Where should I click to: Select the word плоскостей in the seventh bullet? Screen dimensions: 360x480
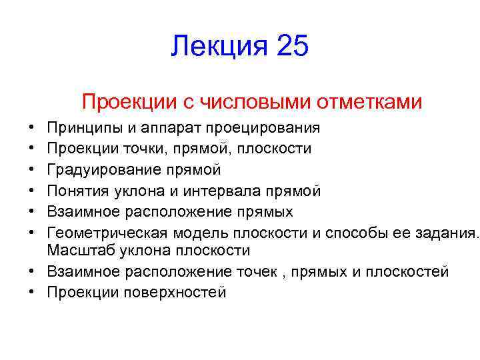click(406, 271)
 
